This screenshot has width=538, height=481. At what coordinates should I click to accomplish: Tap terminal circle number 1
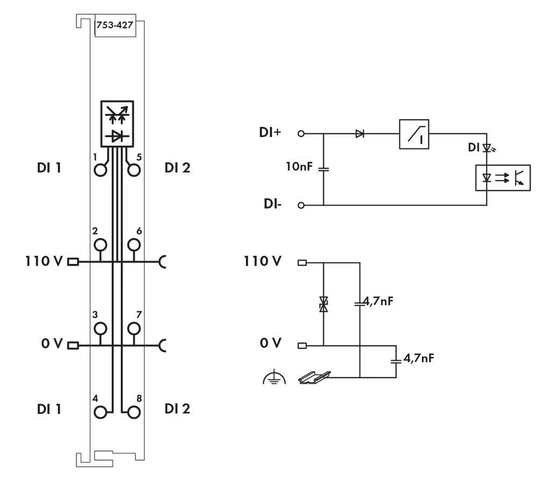pyautogui.click(x=100, y=170)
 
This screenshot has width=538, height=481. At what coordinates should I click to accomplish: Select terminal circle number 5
pyautogui.click(x=134, y=170)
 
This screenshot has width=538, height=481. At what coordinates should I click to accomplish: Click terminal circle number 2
pyautogui.click(x=100, y=245)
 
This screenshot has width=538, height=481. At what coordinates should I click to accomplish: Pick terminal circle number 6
pyautogui.click(x=134, y=245)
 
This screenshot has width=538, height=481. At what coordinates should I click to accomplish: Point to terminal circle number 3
pyautogui.click(x=100, y=328)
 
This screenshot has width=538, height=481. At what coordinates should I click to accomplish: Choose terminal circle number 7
pyautogui.click(x=134, y=328)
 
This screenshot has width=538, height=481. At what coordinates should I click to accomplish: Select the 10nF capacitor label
pyautogui.click(x=297, y=168)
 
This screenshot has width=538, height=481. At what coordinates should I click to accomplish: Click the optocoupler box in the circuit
pyautogui.click(x=502, y=177)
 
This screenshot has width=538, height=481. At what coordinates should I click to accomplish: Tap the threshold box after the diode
pyautogui.click(x=414, y=134)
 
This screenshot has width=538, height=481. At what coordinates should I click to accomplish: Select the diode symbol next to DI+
pyautogui.click(x=359, y=134)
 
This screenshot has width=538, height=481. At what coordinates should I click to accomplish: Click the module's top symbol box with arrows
pyautogui.click(x=117, y=124)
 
